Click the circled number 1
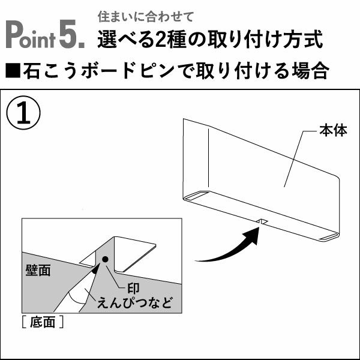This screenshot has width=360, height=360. [x=23, y=113]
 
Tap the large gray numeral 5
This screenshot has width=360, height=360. [x=68, y=34]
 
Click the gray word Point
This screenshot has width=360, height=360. [x=31, y=34]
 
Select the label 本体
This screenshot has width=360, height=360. [x=333, y=130]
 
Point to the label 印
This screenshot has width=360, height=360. [x=133, y=288]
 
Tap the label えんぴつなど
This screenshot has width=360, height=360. [x=134, y=302]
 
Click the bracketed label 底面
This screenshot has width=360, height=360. [x=43, y=322]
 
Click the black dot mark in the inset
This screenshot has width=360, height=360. [x=105, y=259]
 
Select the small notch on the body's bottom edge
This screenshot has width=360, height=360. [x=262, y=221]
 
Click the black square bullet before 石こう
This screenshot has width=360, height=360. [x=13, y=70]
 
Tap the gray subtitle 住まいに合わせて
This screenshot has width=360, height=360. [x=146, y=17]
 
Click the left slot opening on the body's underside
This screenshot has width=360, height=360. [x=197, y=196]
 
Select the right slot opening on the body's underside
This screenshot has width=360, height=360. [x=329, y=237]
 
